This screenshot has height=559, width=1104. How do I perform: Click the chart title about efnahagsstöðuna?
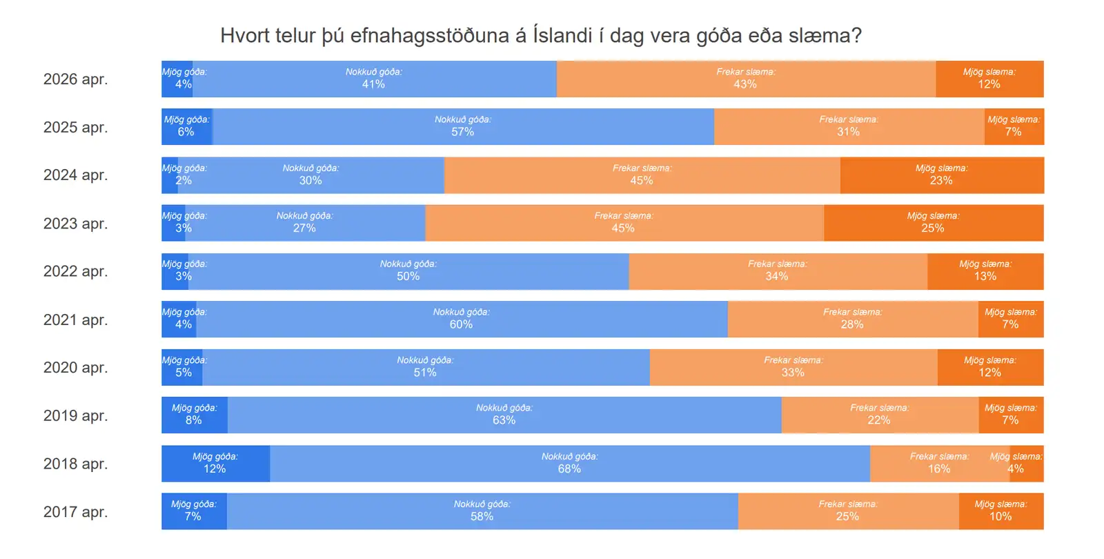coord(540,35)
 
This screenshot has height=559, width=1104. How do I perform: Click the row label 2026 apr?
coord(75,79)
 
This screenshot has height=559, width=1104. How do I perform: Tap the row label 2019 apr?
coord(75,415)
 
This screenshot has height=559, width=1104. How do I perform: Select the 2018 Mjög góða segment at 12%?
coord(215,463)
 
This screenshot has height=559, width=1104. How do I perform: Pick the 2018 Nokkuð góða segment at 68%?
coord(569,463)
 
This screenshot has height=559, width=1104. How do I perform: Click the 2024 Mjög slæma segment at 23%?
coord(941,175)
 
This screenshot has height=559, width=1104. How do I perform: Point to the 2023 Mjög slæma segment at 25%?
coord(933,223)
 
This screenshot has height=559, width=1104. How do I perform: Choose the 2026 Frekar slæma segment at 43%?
coord(745,79)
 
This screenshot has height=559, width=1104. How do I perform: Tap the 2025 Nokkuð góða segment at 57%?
coord(462,126)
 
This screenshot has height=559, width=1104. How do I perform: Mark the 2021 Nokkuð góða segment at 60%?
coord(461,319)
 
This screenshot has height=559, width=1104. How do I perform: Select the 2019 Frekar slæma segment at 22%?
coord(879,415)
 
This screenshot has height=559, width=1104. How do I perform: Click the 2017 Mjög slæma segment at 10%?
coord(1000,511)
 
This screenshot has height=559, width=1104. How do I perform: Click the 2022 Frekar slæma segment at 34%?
coord(778,271)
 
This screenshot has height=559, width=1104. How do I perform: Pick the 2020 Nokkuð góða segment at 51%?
coord(425,367)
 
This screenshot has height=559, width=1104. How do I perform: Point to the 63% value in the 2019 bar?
coord(504,420)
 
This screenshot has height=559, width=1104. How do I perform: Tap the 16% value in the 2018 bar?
coord(939,469)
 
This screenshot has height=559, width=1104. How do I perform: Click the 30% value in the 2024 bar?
coord(310,180)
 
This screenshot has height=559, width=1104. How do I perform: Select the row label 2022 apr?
coord(75,271)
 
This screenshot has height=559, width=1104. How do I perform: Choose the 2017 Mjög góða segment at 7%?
coord(193,511)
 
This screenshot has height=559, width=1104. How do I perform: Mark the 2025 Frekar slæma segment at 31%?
coord(849,126)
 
